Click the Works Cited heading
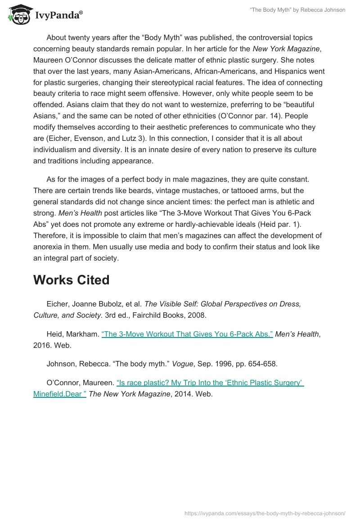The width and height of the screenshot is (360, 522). click(71, 280)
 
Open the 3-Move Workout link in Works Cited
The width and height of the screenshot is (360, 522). click(187, 334)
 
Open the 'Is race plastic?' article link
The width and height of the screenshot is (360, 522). click(210, 382)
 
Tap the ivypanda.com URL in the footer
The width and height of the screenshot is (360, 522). click(265, 513)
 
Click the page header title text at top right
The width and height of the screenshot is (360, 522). click(297, 10)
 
